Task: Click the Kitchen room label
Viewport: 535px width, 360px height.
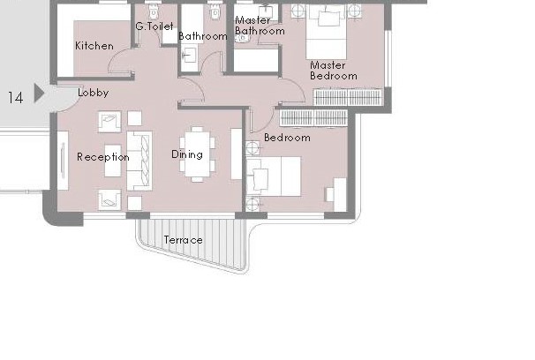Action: (x=94, y=46)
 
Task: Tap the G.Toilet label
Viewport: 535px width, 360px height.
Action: (x=154, y=26)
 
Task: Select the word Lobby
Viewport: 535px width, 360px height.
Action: (x=94, y=93)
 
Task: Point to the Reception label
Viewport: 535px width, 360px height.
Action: (x=103, y=157)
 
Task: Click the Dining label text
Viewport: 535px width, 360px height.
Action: (x=187, y=154)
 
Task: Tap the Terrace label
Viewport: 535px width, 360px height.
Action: (x=184, y=240)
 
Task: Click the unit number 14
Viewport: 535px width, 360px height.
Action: (x=15, y=98)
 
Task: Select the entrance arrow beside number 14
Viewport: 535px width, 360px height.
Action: (x=39, y=93)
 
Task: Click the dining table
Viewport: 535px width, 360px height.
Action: (x=197, y=154)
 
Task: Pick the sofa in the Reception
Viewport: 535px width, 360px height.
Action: (x=139, y=161)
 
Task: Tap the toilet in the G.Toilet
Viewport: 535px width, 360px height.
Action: (x=154, y=12)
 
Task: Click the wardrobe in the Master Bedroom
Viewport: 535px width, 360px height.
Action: (x=348, y=97)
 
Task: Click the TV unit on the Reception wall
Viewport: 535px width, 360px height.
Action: (x=63, y=161)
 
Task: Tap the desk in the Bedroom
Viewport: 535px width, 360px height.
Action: (x=340, y=194)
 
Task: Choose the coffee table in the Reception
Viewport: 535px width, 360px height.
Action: (x=113, y=161)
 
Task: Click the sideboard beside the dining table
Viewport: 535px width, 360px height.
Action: (x=236, y=154)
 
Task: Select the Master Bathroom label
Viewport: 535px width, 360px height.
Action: (x=260, y=26)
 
